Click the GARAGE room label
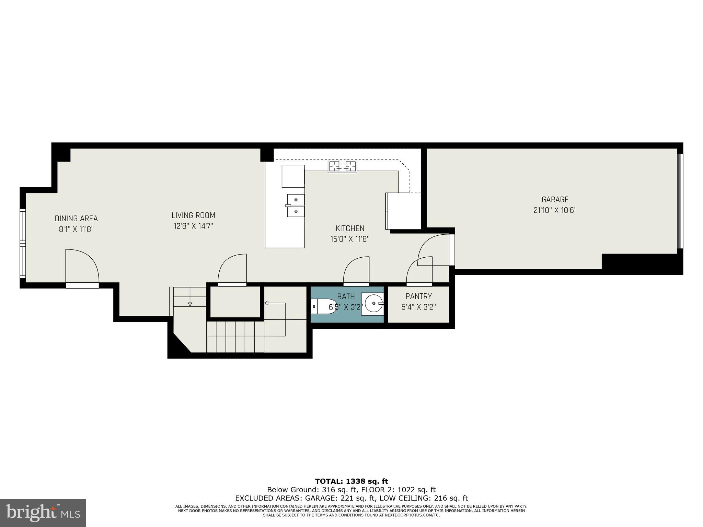pos(555,199)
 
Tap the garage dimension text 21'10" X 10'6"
pos(555,210)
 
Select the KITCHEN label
pos(350,228)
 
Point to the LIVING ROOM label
pos(193,215)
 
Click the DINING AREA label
pos(76,219)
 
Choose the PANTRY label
pos(418,296)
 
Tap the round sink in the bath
pos(373,303)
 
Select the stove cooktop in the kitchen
pos(342,166)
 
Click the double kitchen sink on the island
pos(296,206)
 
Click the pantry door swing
pos(419,271)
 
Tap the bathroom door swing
pos(356,271)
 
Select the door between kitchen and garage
pos(434,250)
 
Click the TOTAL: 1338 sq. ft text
pos(351,481)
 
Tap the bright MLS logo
pos(43,513)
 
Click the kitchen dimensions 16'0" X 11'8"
pos(350,239)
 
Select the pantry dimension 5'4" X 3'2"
pos(418,307)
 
